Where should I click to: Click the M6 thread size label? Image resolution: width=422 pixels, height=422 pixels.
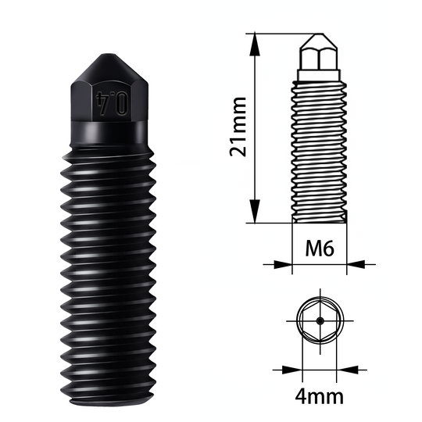(x=319, y=250)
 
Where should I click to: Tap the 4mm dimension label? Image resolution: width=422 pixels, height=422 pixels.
(x=320, y=395)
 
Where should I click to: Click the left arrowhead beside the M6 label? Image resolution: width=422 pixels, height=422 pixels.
(x=286, y=263)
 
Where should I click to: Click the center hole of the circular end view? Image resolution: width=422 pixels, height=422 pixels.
(x=319, y=319)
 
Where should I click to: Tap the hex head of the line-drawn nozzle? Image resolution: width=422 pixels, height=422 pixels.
(x=319, y=59)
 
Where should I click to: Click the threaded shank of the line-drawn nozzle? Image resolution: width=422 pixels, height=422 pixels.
(x=319, y=148)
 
